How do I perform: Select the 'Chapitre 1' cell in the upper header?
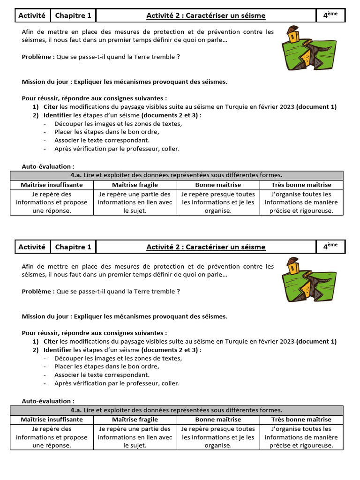click(x=73, y=15)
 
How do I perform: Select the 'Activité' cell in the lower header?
click(x=31, y=247)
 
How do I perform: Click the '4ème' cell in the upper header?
click(x=330, y=15)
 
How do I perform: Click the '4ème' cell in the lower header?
click(x=330, y=247)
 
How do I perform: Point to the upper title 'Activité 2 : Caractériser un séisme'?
click(x=206, y=15)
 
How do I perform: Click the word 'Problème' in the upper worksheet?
click(x=37, y=57)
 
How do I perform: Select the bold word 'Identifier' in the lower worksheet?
click(x=58, y=350)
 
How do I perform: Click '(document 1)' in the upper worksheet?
click(x=316, y=107)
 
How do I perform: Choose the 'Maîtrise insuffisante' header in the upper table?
click(x=52, y=185)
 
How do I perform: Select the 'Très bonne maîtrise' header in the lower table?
click(x=301, y=420)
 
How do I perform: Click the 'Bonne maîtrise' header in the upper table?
click(x=218, y=185)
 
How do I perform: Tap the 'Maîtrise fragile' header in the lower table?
click(x=135, y=420)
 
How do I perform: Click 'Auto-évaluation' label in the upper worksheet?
click(x=48, y=166)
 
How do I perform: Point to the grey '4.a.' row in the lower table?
click(x=177, y=410)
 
